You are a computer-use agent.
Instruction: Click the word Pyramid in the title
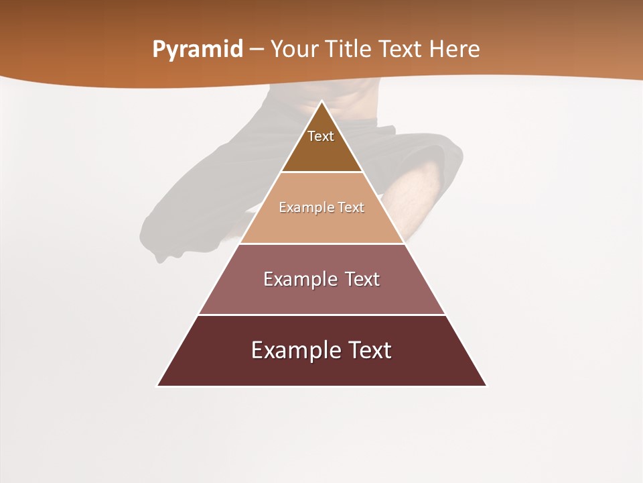(x=197, y=50)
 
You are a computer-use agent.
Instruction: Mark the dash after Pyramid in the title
(x=257, y=50)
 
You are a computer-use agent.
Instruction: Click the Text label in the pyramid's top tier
(x=321, y=136)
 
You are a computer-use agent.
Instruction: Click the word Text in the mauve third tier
(x=362, y=279)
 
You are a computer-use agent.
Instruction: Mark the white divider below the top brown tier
(x=321, y=172)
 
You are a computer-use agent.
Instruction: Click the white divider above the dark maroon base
(x=321, y=315)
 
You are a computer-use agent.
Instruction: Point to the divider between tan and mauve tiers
(x=321, y=244)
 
